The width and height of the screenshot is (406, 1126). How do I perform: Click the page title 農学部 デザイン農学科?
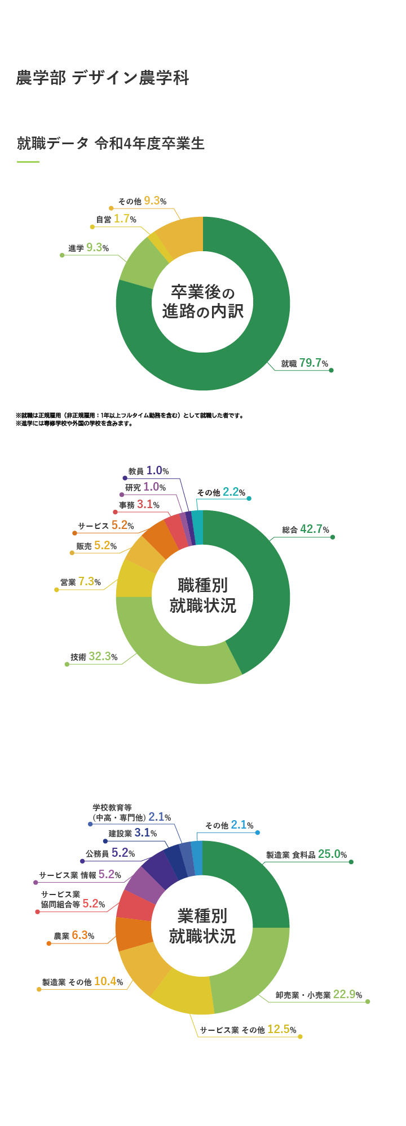click(x=102, y=78)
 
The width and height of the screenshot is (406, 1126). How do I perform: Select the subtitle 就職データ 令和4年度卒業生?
click(x=111, y=144)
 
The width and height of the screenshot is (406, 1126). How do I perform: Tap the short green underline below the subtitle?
click(x=28, y=162)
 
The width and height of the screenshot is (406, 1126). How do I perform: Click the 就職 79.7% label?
click(x=304, y=363)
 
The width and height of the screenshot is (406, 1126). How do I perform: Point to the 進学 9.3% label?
click(x=89, y=248)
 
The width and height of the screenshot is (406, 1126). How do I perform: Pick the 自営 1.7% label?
click(x=116, y=219)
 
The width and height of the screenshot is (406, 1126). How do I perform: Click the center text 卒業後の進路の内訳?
click(x=203, y=302)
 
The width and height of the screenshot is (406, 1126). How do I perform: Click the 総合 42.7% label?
click(x=306, y=529)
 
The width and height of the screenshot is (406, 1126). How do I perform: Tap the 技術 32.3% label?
click(x=94, y=657)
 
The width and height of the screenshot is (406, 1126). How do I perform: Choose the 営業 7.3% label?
click(x=81, y=582)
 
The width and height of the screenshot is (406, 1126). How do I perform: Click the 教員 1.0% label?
click(x=149, y=471)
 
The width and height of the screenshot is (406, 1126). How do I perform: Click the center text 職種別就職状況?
click(x=203, y=596)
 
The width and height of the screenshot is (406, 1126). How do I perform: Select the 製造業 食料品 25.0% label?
click(x=307, y=854)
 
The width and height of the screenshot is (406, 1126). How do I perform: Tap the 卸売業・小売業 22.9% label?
click(x=319, y=995)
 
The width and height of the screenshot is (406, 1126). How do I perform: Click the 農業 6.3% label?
click(x=74, y=936)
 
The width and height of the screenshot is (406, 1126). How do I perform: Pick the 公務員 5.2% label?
click(x=111, y=853)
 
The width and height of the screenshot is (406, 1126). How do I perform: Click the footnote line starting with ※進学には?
click(x=74, y=424)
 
